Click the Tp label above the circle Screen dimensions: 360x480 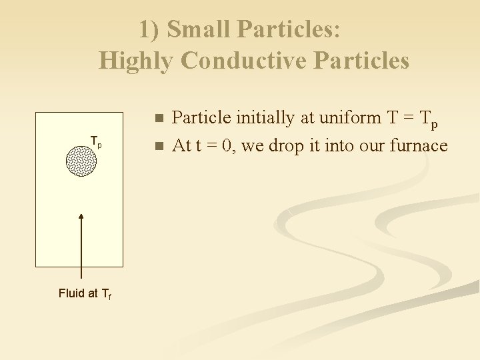[x=96, y=142]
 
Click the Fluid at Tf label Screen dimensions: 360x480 [x=85, y=293]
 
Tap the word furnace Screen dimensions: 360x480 [x=420, y=145]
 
